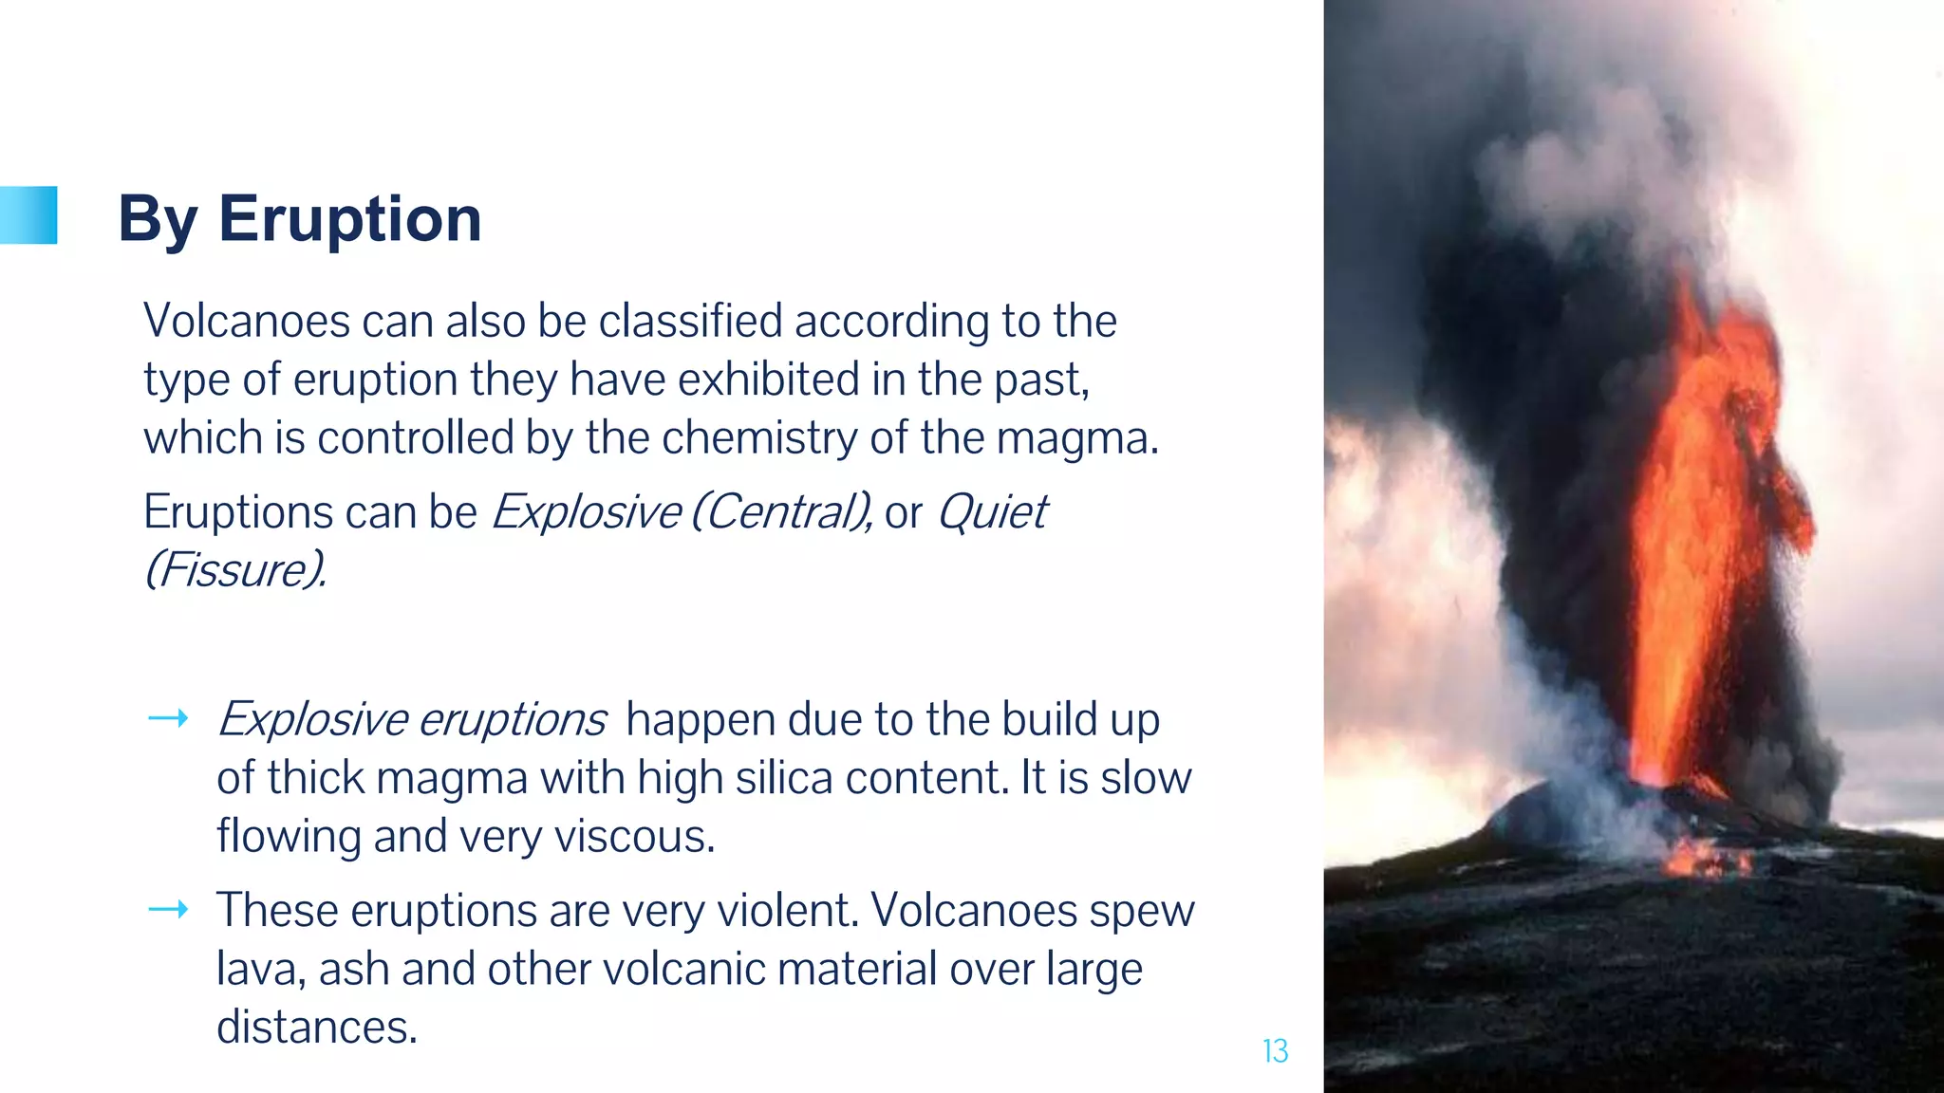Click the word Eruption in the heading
tap(349, 219)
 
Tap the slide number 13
tap(1275, 1051)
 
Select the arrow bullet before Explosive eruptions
tap(168, 719)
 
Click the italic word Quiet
tap(991, 512)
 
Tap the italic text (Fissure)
tap(234, 570)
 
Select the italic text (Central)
tap(780, 512)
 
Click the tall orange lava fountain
tap(1699, 531)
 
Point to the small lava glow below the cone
tap(1706, 858)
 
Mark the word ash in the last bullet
tap(353, 970)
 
